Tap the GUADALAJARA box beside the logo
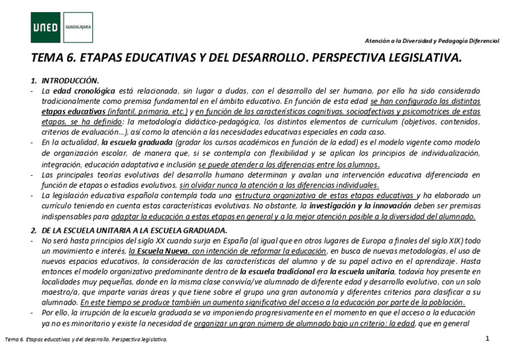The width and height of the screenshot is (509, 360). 77,28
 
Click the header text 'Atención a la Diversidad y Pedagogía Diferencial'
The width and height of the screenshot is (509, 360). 432,41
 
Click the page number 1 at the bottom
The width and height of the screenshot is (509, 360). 487,340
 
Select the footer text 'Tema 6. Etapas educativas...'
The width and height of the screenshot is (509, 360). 85,340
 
